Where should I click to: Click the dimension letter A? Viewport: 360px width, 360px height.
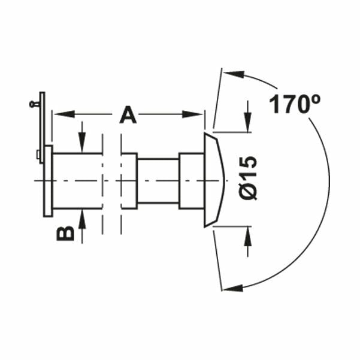[128, 114]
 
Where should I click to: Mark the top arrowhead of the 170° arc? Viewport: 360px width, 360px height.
[234, 75]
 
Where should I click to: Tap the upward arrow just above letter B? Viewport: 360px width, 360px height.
[83, 217]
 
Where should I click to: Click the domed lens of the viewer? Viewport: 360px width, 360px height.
[213, 180]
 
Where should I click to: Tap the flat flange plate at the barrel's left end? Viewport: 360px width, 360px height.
[48, 180]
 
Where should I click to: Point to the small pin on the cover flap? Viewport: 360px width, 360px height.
[34, 104]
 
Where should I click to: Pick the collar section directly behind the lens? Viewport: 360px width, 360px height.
[192, 180]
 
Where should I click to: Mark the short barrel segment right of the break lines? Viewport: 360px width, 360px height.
[129, 180]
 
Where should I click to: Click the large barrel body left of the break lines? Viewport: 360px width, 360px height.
[77, 180]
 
